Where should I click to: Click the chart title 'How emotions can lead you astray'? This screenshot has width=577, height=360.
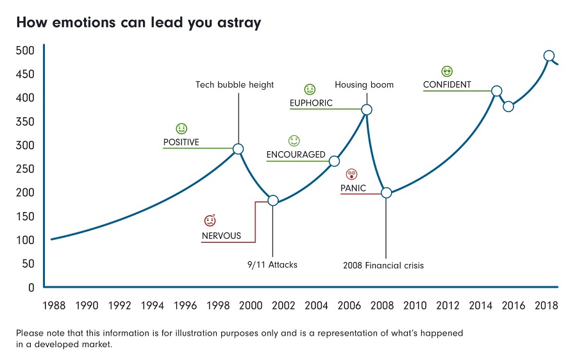[138, 23]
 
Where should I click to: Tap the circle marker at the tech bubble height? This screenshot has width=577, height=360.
[238, 149]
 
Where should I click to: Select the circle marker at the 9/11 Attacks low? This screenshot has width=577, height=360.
[272, 200]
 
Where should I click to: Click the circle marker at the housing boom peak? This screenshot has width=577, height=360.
[367, 110]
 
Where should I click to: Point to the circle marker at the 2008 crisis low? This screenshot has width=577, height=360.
[386, 193]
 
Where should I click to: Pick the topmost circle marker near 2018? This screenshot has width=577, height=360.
[549, 56]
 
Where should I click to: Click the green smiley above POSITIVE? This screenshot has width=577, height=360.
[181, 129]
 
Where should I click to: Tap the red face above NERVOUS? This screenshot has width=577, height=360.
[210, 221]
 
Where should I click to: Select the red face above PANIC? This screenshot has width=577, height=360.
[351, 174]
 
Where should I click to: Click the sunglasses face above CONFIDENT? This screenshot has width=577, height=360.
[447, 71]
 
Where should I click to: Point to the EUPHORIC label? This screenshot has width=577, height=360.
[311, 103]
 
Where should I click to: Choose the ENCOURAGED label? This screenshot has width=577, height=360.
[296, 155]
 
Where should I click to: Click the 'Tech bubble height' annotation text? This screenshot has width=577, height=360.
[235, 85]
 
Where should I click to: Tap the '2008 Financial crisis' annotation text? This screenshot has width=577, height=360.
[383, 265]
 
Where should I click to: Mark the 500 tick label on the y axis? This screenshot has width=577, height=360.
[26, 51]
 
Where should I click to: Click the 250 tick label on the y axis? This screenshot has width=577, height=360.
[26, 169]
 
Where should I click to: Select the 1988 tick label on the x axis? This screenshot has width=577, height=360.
[53, 305]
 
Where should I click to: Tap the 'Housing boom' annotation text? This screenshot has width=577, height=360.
[364, 85]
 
